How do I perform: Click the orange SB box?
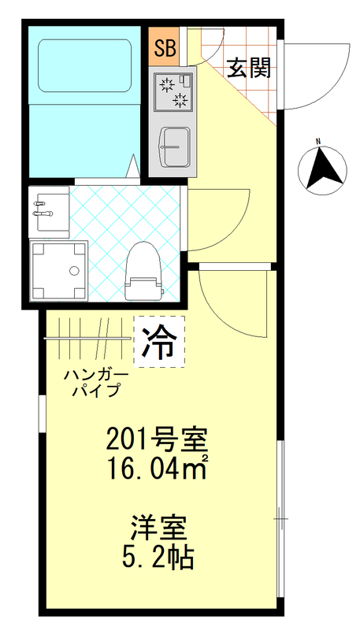coord(165,48)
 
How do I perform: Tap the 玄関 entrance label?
coord(250,69)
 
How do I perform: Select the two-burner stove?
coord(173,91)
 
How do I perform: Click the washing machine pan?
coord(58,270)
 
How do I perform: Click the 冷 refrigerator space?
coord(159,342)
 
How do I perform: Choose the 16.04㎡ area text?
coord(158,470)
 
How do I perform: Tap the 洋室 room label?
coord(158,526)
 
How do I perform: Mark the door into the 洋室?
coord(228,303)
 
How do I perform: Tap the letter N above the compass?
coord(319,143)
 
